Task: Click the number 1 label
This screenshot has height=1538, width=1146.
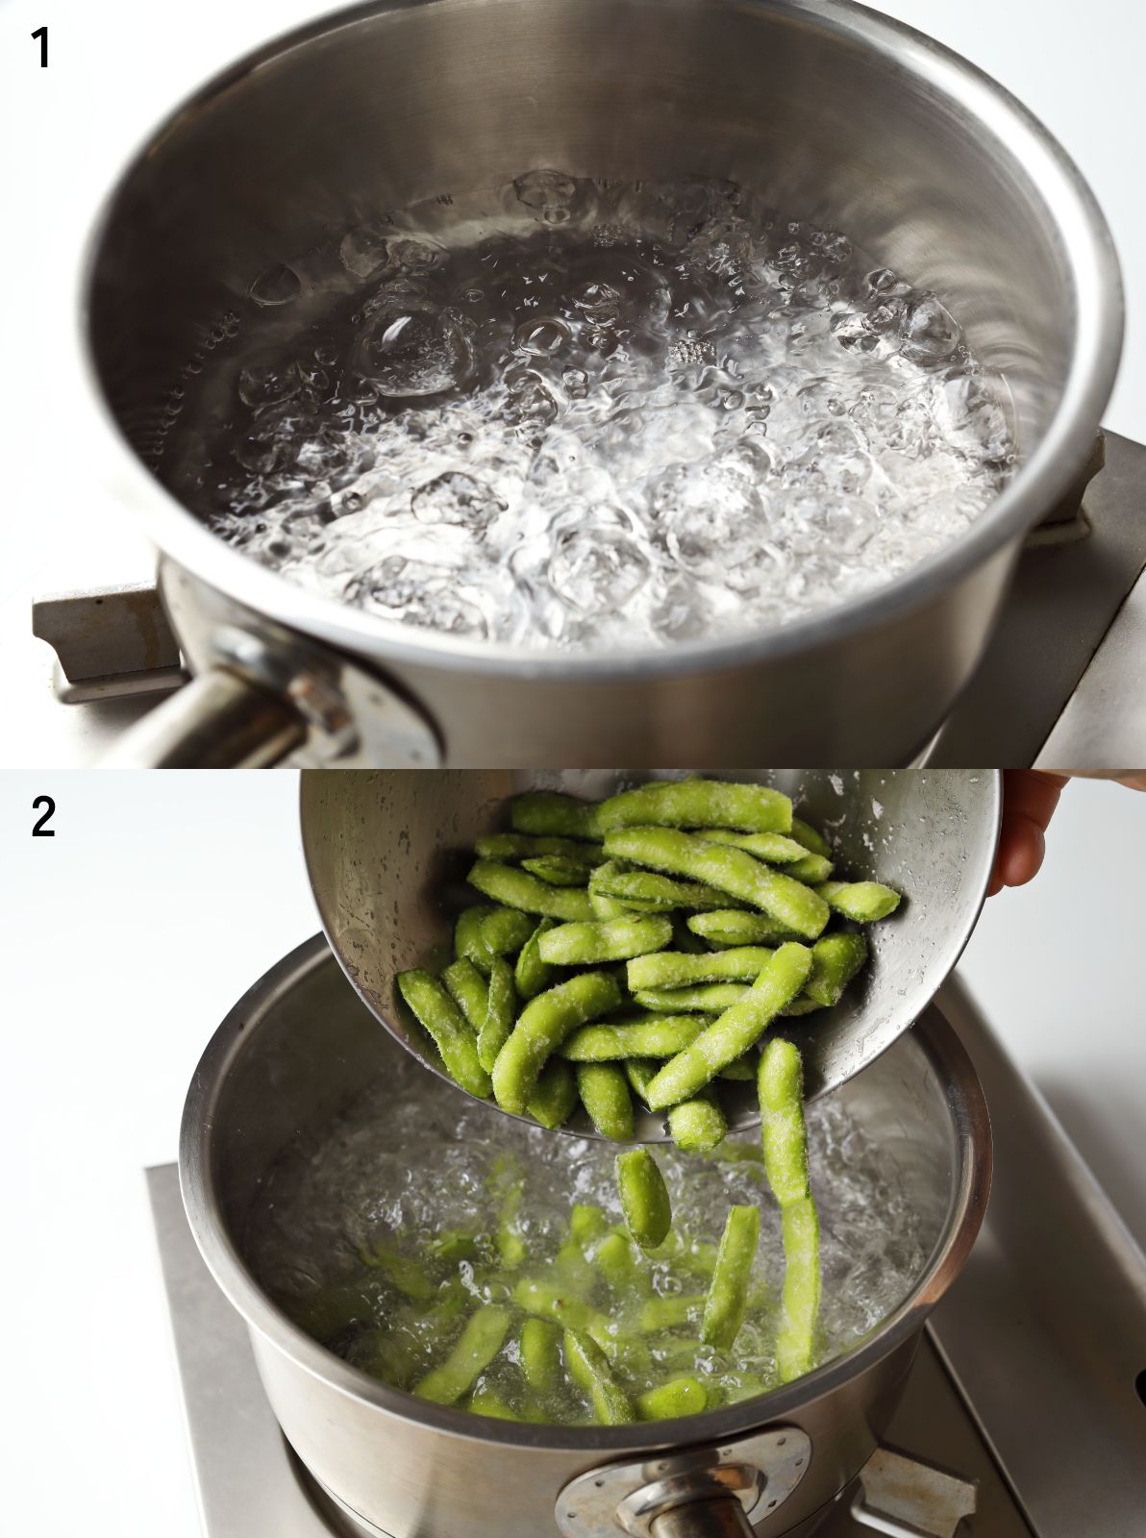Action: pyautogui.click(x=40, y=48)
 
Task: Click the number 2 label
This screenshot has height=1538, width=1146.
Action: pyautogui.click(x=43, y=817)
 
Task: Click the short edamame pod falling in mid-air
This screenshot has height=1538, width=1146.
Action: pyautogui.click(x=642, y=1196)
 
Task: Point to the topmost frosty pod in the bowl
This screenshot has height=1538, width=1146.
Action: pyautogui.click(x=692, y=806)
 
